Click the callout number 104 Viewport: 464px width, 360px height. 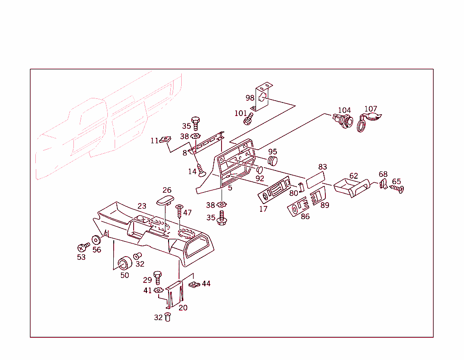344,111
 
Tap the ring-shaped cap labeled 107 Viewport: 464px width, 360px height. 361,126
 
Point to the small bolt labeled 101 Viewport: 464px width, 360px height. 248,119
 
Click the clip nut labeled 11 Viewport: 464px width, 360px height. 165,140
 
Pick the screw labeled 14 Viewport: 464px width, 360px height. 201,170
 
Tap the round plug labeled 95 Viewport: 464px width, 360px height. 272,161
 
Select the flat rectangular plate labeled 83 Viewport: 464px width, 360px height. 315,180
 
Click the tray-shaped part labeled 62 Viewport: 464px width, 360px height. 352,188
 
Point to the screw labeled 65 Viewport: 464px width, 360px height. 397,189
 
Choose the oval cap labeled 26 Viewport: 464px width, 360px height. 165,200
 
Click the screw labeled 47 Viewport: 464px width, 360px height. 179,211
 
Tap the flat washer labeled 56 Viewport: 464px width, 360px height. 96,240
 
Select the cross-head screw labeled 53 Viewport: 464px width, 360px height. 83,247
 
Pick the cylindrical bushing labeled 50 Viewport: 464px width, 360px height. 125,263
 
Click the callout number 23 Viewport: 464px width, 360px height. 142,206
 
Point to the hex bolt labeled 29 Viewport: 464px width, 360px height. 157,277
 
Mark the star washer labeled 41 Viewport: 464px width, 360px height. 159,290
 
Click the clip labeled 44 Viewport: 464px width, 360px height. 194,284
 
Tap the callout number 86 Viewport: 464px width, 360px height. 305,216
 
